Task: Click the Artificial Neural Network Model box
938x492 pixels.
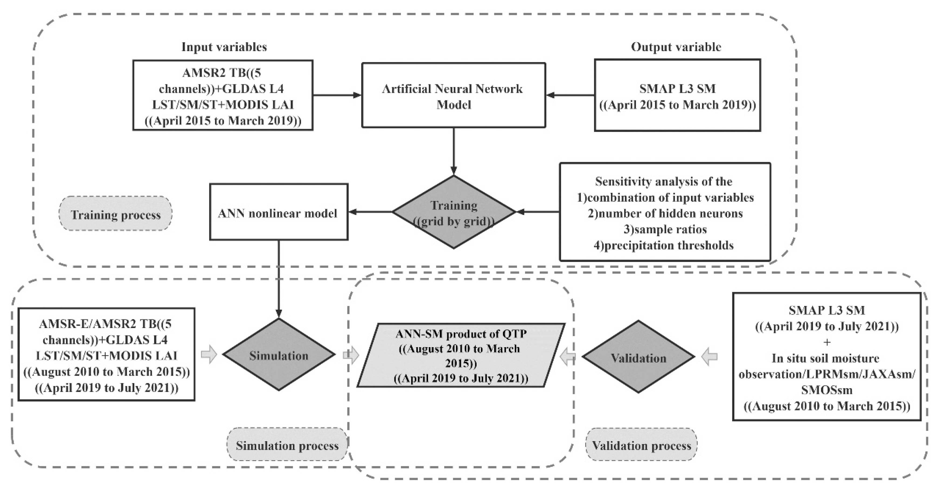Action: [453, 96]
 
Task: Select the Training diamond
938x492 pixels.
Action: [454, 212]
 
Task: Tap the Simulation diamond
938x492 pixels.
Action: [279, 355]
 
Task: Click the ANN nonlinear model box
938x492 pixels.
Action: [279, 213]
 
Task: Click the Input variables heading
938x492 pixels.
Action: [224, 47]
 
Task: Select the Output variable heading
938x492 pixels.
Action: [676, 47]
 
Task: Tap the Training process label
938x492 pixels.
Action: [115, 214]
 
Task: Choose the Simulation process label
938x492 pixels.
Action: [287, 445]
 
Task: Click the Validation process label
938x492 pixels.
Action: [641, 445]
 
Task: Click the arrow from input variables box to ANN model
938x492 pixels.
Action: [337, 95]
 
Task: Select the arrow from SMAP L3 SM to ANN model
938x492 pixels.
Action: [571, 95]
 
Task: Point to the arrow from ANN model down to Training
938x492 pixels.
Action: [454, 151]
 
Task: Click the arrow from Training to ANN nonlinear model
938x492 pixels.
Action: [370, 212]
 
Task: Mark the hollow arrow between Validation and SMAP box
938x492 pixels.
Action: [709, 357]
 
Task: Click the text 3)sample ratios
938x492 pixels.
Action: [665, 229]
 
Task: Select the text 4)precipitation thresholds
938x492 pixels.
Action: [663, 245]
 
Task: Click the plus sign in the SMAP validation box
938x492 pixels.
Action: [826, 342]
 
